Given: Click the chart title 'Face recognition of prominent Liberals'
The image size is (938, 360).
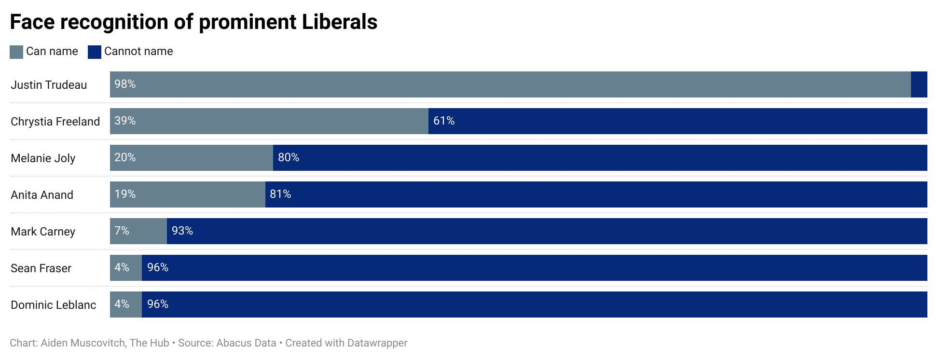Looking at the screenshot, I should pos(193,22).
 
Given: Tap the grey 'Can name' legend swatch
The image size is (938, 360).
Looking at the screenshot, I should pos(16,52).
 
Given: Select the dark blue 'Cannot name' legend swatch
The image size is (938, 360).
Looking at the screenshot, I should pos(95,52).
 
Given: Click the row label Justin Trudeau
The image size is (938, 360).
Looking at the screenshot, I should pos(49,85).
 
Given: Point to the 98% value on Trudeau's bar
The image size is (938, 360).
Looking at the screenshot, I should pos(125,84).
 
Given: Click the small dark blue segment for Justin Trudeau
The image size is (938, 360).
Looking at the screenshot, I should pos(919,84).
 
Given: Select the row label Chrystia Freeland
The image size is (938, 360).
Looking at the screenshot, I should pos(55,122).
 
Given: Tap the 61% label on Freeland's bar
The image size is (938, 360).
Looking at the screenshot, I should pos(444,121).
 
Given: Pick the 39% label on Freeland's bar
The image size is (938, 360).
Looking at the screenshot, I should pos(125,121).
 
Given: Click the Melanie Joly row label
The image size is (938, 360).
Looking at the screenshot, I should pos(43,158).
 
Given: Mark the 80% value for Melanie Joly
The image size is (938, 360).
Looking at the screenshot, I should pos(289,157).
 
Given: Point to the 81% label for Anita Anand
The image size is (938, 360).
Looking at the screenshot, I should pos(280,194).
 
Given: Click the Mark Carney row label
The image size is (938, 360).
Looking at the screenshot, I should pos(43,232).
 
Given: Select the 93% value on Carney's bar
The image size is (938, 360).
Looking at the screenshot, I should pos(182,231).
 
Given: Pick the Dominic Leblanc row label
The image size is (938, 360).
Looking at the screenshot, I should pos(54,305).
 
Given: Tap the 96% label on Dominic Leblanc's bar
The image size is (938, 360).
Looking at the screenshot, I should pos(158,304).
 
